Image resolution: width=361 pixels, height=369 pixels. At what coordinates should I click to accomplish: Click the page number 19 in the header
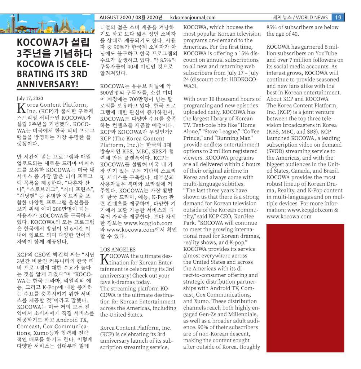[338, 17]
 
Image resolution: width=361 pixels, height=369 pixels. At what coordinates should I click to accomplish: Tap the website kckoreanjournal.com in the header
[193, 17]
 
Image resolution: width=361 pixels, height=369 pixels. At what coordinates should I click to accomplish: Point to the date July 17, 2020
[30, 98]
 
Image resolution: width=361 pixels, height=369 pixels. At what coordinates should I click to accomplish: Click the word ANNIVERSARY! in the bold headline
[48, 84]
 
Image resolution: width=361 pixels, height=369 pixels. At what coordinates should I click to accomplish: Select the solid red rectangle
[305, 288]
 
